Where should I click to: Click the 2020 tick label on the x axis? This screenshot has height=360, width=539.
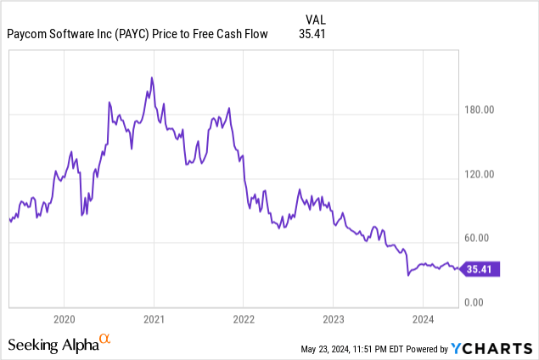click(65, 319)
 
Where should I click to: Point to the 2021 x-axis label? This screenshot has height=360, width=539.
click(154, 319)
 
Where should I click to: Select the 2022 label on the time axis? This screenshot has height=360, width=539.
click(243, 319)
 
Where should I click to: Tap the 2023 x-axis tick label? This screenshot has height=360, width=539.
click(333, 319)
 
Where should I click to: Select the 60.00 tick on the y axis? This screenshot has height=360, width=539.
click(480, 239)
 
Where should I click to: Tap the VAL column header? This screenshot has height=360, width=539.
click(315, 18)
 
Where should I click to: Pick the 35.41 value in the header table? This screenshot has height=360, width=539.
click(313, 34)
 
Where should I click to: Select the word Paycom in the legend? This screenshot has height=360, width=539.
click(29, 34)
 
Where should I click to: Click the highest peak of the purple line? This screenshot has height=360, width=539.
click(152, 78)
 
